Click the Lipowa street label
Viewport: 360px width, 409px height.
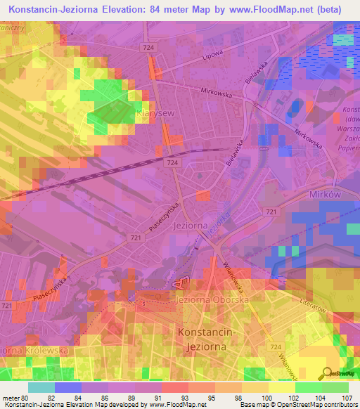click(x=212, y=55)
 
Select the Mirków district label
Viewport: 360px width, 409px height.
click(x=326, y=195)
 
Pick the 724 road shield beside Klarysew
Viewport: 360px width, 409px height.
click(x=172, y=162)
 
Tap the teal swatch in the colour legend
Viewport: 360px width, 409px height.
click(x=41, y=387)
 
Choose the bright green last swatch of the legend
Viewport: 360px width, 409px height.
click(x=335, y=387)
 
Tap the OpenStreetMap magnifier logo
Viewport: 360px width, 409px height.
click(x=326, y=372)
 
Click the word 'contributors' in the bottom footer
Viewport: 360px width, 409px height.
click(x=342, y=404)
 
